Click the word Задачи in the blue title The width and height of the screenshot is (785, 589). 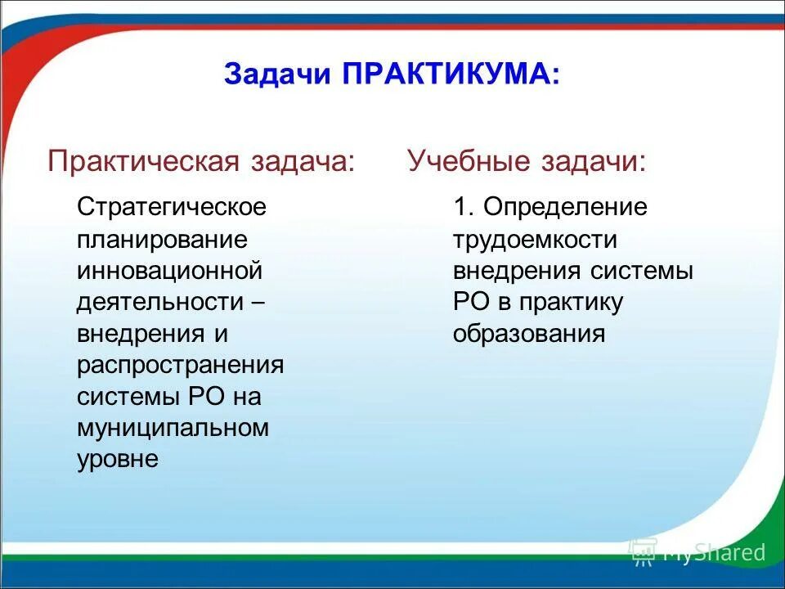tap(276, 74)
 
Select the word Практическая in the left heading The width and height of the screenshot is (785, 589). tap(142, 161)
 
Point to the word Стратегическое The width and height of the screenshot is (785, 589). tap(172, 207)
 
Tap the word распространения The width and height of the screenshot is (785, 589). tap(180, 365)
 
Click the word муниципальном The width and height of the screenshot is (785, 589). tap(173, 428)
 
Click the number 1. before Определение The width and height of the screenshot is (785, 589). tap(464, 207)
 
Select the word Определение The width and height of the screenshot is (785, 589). tap(565, 207)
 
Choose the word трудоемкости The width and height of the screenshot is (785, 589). tap(535, 239)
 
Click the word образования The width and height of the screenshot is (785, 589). tap(529, 334)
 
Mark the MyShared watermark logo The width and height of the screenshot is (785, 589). tap(697, 553)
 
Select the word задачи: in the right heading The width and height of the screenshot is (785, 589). tap(593, 161)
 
